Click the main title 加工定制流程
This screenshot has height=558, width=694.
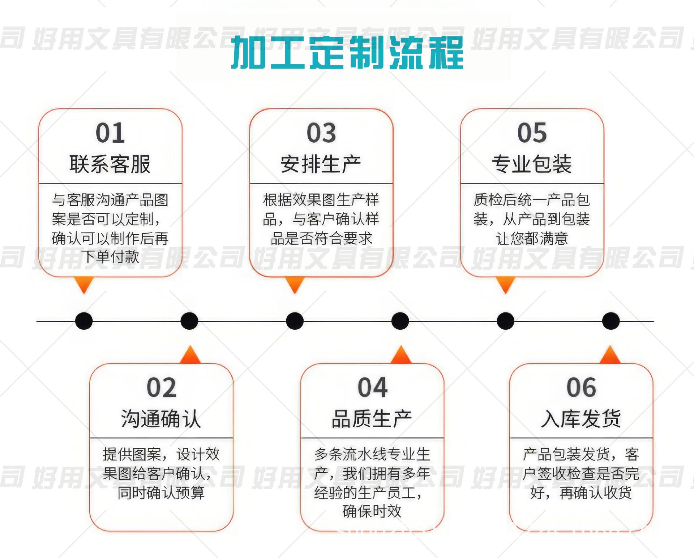point(347,52)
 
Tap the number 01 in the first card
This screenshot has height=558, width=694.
point(110,133)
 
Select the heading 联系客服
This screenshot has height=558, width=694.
point(110,164)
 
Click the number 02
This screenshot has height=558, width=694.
point(162,388)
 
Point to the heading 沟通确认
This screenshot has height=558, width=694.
point(161,419)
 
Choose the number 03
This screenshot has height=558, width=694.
point(321,133)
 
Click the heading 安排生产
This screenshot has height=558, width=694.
point(321,164)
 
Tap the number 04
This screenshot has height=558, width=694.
point(373,388)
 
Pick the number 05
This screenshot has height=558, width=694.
point(532,133)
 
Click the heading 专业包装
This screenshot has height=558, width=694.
point(532,164)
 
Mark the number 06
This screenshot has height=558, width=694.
point(581,388)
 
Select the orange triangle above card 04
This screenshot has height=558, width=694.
point(401,355)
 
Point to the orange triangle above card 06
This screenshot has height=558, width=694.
point(610,355)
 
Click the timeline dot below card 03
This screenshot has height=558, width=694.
point(295,321)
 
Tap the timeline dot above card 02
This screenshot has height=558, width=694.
point(189,321)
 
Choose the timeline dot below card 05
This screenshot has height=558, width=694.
point(505,321)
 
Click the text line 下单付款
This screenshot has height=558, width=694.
point(110,257)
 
